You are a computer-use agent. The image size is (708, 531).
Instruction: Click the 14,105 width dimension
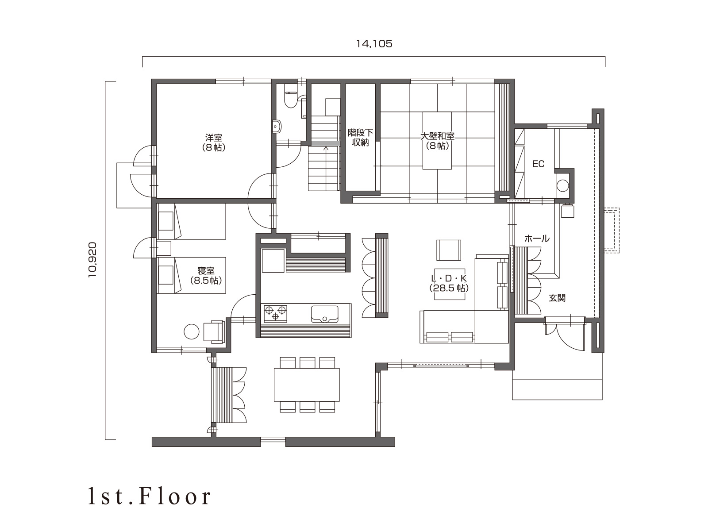click(x=374, y=44)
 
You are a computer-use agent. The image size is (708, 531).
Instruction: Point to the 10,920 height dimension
click(x=92, y=260)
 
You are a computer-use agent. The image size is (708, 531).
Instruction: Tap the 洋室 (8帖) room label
click(x=214, y=143)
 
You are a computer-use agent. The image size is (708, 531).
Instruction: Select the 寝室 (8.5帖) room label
click(x=206, y=276)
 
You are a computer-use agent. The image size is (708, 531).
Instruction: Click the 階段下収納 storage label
click(x=360, y=138)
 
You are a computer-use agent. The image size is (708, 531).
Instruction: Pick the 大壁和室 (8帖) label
click(x=437, y=141)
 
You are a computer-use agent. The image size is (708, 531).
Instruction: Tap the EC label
click(x=538, y=164)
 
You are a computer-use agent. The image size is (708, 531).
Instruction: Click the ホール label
click(x=537, y=239)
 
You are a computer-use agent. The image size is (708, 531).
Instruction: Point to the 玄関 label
click(x=557, y=298)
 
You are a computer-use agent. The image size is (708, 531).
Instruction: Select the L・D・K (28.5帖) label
click(x=449, y=283)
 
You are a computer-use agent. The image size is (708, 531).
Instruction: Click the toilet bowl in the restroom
click(x=289, y=98)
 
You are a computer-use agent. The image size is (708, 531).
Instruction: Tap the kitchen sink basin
click(x=324, y=314)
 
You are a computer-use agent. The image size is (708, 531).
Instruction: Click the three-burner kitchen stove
click(x=276, y=313)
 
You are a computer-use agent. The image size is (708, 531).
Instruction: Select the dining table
click(x=307, y=385)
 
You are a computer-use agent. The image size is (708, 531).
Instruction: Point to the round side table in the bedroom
click(x=191, y=331)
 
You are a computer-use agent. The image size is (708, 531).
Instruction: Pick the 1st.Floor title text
click(x=149, y=497)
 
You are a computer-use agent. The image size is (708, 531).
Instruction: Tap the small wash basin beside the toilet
click(x=277, y=126)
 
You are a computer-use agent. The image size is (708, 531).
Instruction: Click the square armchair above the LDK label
click(x=449, y=250)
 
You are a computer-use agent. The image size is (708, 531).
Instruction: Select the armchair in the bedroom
click(x=214, y=331)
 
